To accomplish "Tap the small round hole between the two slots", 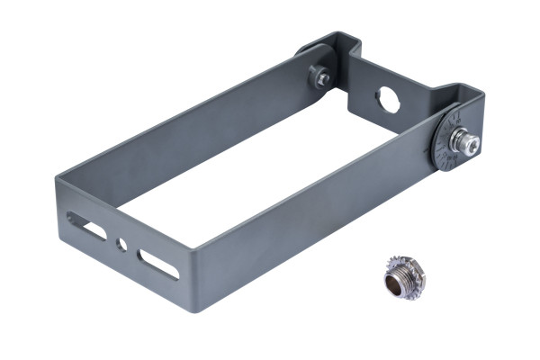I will click(121, 244).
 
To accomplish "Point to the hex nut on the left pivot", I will click(321, 78).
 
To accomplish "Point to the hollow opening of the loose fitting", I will click(397, 286).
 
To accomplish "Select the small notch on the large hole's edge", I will click(379, 93).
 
